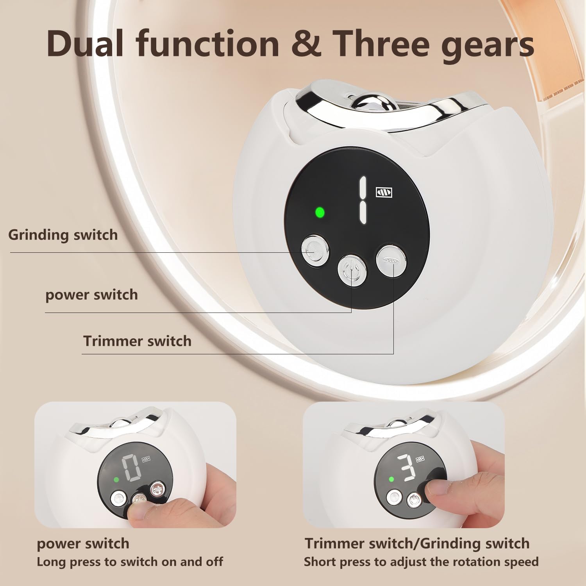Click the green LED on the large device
(320, 213)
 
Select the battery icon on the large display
(384, 192)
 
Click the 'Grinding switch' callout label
(63, 235)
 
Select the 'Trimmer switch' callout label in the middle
(138, 341)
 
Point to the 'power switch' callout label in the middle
(92, 295)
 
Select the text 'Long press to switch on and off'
(130, 562)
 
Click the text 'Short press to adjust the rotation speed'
(421, 562)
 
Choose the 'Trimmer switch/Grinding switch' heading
(417, 544)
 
